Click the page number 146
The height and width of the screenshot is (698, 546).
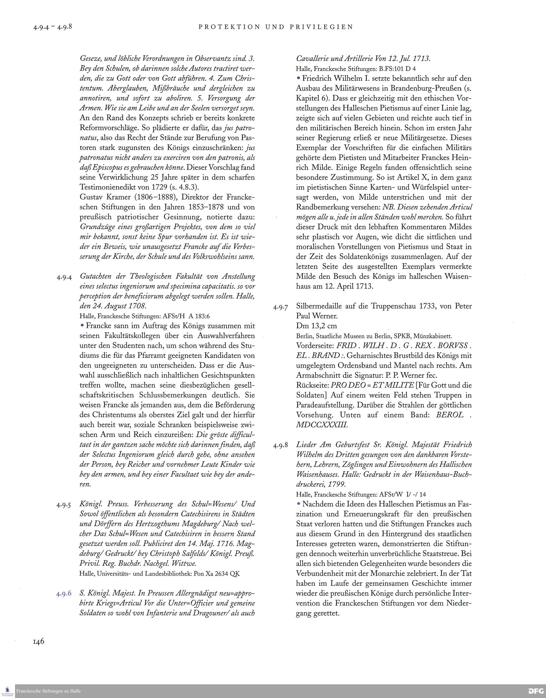coord(39,641)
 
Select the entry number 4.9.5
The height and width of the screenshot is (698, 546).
coord(64,505)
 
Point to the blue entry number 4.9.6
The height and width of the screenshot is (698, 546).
coord(64,594)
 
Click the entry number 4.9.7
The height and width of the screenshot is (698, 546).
coord(281,307)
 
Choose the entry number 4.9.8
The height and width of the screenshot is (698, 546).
coord(281,446)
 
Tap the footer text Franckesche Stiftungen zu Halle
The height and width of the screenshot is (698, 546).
coord(49,691)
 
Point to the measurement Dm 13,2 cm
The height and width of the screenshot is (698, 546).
coord(316,326)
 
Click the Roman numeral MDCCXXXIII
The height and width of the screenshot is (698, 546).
coord(322,425)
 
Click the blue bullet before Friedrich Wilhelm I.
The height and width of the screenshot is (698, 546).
coord(299,78)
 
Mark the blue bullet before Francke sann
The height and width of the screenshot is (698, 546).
coord(82,325)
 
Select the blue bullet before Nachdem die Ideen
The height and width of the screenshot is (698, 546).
coord(299,503)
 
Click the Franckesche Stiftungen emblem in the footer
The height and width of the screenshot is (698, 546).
coord(8,691)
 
